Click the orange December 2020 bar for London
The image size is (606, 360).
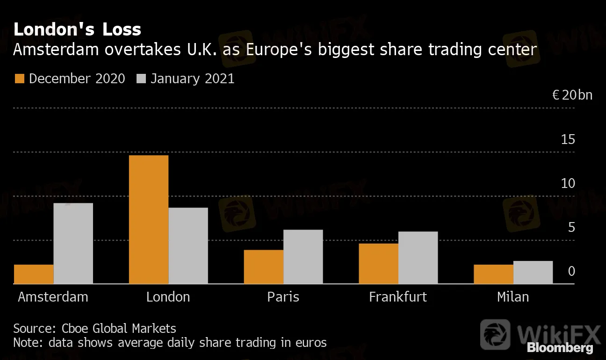click(x=149, y=219)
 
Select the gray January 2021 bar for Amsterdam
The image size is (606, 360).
click(x=73, y=243)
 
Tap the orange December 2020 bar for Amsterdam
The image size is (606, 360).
click(x=34, y=274)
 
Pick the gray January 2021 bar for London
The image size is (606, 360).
click(x=188, y=245)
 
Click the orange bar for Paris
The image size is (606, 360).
click(x=264, y=266)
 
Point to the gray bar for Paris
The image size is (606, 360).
click(x=303, y=256)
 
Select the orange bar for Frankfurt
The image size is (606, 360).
click(x=379, y=263)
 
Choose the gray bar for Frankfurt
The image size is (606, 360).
click(x=418, y=257)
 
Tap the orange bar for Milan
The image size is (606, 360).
click(x=493, y=274)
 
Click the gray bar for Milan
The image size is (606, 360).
click(x=533, y=272)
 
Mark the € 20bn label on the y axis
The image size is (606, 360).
click(x=572, y=95)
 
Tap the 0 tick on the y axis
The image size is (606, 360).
click(x=571, y=271)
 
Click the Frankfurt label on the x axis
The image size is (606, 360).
click(x=398, y=297)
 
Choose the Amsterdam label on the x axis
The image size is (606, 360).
click(x=53, y=297)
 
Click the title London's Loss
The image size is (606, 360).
click(x=77, y=29)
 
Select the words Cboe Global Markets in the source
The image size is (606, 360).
click(x=119, y=328)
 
